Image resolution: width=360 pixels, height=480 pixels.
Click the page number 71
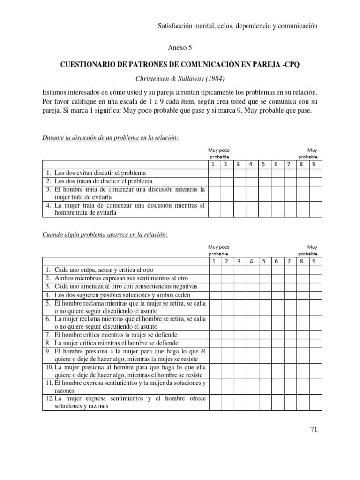(x=314, y=429)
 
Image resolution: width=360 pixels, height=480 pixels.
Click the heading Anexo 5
(x=180, y=47)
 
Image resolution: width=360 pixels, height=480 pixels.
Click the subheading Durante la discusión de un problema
(x=111, y=138)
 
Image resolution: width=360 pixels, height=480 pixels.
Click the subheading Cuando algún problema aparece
(x=105, y=235)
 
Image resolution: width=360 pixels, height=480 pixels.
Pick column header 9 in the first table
(x=315, y=164)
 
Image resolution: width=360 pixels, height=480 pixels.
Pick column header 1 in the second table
(x=213, y=261)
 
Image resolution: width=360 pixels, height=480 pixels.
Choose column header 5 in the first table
(x=264, y=164)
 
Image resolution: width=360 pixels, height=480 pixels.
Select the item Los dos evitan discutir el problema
(x=100, y=173)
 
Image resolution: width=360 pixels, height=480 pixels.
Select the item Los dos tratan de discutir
(x=103, y=181)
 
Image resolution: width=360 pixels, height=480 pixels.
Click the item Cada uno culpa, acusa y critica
(x=104, y=270)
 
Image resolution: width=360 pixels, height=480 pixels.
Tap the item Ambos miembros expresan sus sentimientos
(x=121, y=278)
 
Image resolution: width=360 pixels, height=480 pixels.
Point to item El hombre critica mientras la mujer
(x=116, y=335)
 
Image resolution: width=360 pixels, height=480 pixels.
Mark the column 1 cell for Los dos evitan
(x=214, y=173)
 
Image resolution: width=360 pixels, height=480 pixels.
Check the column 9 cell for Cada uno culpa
(x=315, y=270)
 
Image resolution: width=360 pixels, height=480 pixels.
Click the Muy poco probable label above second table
(x=219, y=250)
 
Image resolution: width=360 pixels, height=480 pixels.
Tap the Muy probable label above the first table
(x=308, y=153)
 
